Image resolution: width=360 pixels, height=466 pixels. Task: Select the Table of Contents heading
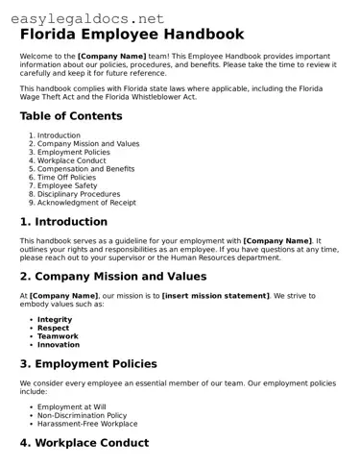(x=71, y=116)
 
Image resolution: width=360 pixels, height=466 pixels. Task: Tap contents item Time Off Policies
(x=66, y=177)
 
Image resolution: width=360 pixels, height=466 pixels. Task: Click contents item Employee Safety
(x=67, y=185)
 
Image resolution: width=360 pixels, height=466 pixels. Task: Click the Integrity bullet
(x=55, y=319)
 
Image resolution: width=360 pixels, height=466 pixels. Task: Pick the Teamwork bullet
(x=59, y=336)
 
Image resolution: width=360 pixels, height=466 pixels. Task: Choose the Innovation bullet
(x=59, y=345)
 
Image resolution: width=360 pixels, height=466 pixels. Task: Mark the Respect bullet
(x=53, y=328)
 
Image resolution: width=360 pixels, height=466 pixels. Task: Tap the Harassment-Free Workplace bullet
(x=87, y=424)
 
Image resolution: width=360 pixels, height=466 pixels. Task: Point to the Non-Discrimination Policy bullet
(x=82, y=415)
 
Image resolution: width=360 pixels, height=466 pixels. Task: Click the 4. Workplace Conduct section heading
(x=84, y=443)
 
